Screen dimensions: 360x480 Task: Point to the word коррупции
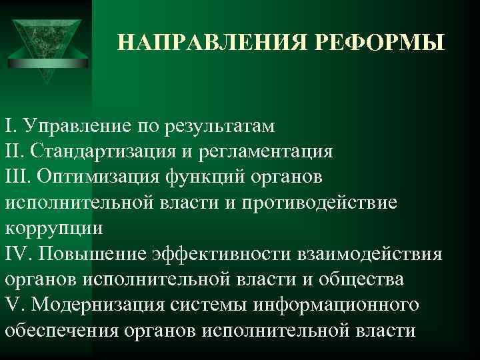point(54,228)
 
